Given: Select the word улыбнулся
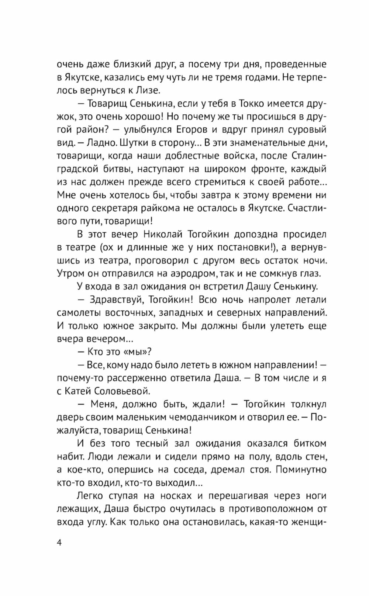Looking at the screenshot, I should pos(162,130).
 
